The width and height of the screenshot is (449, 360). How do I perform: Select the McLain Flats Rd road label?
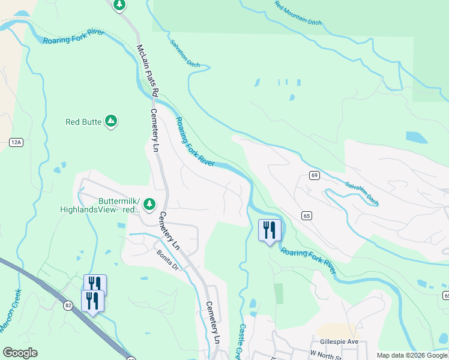click(x=146, y=71)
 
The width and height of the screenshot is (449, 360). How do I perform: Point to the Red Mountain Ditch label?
click(x=298, y=13)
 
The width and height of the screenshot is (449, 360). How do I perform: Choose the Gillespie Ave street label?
click(x=337, y=341)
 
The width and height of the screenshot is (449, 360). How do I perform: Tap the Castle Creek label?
click(x=242, y=342)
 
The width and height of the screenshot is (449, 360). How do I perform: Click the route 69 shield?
click(x=314, y=175)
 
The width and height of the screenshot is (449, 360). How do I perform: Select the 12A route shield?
click(x=16, y=142)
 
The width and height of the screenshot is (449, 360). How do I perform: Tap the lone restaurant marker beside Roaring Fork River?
click(x=269, y=230)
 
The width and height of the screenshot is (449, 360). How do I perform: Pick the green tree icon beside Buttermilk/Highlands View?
click(x=149, y=205)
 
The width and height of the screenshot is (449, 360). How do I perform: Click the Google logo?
click(x=20, y=353)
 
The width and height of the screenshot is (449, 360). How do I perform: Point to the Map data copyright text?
click(x=412, y=355)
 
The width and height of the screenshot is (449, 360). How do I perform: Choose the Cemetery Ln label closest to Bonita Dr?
click(x=169, y=231)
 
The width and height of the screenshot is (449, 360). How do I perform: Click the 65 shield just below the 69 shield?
click(x=307, y=215)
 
